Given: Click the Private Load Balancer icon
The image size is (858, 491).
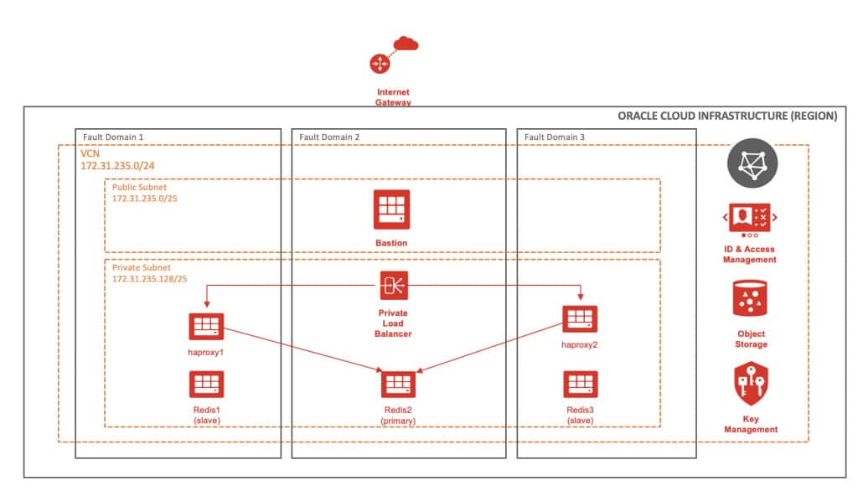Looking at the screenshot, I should tap(394, 285).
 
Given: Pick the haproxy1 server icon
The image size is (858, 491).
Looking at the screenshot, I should tap(205, 327).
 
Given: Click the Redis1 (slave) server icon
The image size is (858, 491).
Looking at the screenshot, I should tap(205, 385).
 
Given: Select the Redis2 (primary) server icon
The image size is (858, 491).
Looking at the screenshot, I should tap(399, 385).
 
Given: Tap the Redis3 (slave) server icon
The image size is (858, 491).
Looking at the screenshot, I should tap(580, 385).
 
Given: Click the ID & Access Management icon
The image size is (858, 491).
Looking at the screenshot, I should tap(750, 217).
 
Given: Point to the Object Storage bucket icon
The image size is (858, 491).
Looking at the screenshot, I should tap(750, 299).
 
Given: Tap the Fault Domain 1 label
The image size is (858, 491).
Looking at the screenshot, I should tap(113, 137).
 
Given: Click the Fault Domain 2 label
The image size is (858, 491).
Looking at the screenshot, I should tap(329, 137).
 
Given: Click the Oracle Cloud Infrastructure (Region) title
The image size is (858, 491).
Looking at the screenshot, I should tap(726, 116).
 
